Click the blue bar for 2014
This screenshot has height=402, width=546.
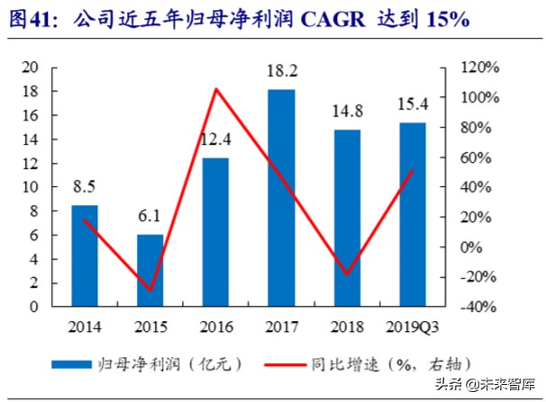[x=85, y=255]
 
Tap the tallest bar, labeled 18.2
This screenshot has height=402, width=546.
[x=281, y=198]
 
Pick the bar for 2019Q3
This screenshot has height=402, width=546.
[x=413, y=215]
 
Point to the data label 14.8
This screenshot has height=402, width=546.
[x=347, y=113]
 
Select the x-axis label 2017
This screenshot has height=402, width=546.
[x=281, y=325]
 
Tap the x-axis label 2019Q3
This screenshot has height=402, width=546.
[x=413, y=325]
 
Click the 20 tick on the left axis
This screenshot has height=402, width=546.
[x=31, y=67]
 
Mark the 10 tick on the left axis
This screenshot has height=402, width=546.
[x=31, y=187]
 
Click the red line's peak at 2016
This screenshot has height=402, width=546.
[x=215, y=89]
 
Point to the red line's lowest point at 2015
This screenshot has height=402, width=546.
[x=150, y=290]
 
